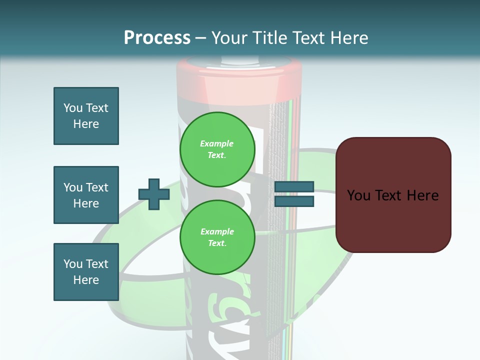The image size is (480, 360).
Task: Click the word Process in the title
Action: [157, 38]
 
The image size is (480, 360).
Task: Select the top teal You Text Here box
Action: [86, 116]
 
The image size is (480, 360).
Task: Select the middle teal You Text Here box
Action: [86, 195]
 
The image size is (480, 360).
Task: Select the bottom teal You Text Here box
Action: [86, 272]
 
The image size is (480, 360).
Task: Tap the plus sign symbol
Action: [154, 194]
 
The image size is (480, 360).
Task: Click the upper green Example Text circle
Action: [217, 149]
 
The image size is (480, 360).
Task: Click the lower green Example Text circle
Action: [217, 237]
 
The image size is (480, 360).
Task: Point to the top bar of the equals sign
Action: [294, 187]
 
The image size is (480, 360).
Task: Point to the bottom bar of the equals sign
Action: [294, 201]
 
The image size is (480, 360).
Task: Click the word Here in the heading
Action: [348, 38]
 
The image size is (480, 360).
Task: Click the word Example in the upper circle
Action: [217, 143]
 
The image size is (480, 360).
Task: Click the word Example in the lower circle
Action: [217, 231]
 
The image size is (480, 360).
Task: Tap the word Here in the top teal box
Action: [86, 124]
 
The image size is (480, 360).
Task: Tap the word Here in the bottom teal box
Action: [86, 280]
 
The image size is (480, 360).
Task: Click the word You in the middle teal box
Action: [72, 187]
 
